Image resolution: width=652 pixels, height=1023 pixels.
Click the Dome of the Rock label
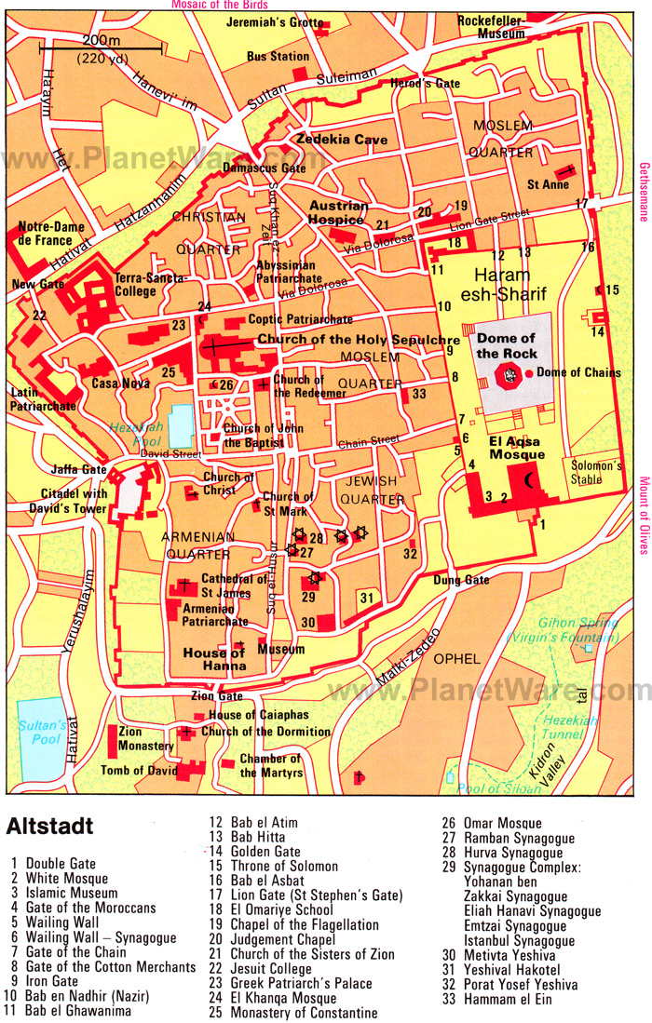(506, 345)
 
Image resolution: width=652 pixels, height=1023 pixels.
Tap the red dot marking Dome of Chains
(529, 373)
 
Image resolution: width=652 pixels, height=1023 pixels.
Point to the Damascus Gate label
(274, 169)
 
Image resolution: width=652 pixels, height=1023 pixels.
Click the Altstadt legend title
(49, 826)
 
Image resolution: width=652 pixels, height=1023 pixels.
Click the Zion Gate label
(217, 695)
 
